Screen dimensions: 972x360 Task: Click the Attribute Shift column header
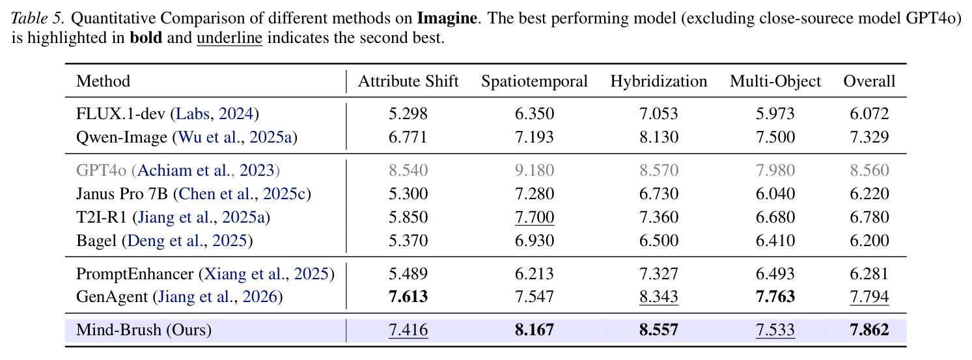(408, 81)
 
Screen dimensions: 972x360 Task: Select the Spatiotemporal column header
(534, 81)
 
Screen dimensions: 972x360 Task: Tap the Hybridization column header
(659, 81)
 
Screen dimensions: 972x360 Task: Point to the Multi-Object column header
(775, 81)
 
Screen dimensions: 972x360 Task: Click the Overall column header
(869, 81)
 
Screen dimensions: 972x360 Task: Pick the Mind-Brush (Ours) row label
(144, 329)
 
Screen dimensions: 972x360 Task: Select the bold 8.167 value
(534, 329)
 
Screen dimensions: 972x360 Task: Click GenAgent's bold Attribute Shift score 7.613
(408, 297)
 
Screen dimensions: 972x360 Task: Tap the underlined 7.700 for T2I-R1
(534, 217)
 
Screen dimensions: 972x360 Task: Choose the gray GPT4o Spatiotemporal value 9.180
(534, 170)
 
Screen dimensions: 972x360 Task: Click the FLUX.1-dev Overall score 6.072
(869, 114)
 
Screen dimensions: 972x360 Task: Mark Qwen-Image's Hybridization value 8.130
(659, 137)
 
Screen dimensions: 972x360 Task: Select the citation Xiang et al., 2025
(266, 273)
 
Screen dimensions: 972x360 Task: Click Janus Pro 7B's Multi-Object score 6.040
(775, 193)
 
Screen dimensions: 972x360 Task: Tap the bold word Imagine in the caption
(447, 19)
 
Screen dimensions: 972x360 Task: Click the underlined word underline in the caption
(230, 38)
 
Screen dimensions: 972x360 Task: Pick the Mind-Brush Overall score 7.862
(869, 329)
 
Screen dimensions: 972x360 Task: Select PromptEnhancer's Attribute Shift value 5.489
(408, 273)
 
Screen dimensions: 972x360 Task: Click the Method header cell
(104, 81)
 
